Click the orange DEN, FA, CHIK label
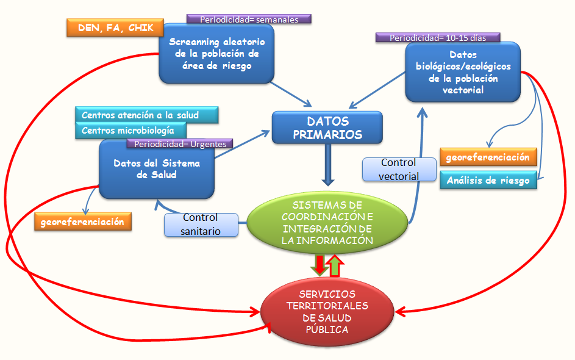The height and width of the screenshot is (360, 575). [115, 27]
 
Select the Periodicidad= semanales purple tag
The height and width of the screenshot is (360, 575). [249, 19]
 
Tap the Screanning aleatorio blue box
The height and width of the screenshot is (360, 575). [216, 53]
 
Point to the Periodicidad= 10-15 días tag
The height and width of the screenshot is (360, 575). [437, 37]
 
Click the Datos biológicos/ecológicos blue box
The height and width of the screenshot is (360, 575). [463, 71]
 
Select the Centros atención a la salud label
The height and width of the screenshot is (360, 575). [146, 114]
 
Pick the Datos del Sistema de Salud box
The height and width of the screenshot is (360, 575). [157, 169]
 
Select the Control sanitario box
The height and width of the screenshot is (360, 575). [201, 224]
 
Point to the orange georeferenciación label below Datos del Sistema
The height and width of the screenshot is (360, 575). [83, 221]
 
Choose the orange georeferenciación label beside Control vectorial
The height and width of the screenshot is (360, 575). [488, 157]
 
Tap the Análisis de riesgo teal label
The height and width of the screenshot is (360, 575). [488, 180]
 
